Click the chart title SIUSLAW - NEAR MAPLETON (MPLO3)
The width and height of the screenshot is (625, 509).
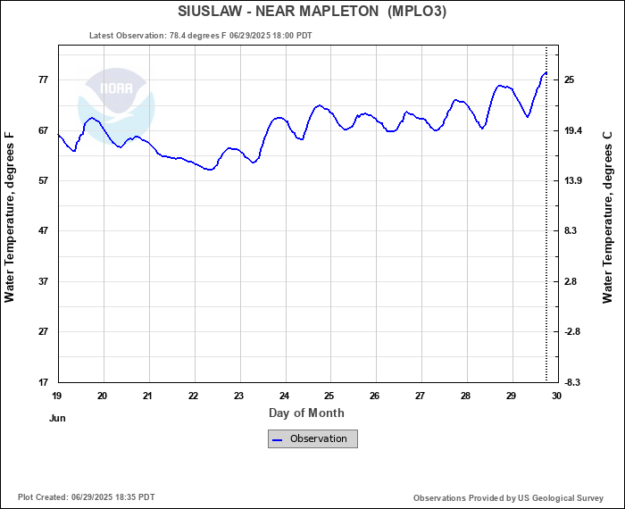pos(312,12)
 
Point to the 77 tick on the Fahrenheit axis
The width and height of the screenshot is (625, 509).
pos(42,80)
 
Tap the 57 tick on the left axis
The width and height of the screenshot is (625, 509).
pos(42,181)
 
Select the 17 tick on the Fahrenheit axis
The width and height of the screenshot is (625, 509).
pos(42,382)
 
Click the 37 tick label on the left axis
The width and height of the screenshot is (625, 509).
pos(42,282)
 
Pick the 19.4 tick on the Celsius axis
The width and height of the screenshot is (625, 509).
pos(574,130)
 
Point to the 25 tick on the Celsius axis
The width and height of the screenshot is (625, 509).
pos(569,80)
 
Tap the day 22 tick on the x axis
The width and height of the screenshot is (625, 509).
pos(194,396)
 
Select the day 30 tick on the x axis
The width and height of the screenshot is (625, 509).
pos(556,396)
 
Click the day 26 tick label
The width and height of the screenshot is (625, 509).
pos(375,396)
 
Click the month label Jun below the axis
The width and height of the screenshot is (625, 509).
pos(58,417)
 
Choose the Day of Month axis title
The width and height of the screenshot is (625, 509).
pos(306,413)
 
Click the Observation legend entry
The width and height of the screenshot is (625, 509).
pos(312,438)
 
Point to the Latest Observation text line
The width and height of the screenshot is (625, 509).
pos(201,36)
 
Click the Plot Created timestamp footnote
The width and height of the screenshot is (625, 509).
pos(86,497)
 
